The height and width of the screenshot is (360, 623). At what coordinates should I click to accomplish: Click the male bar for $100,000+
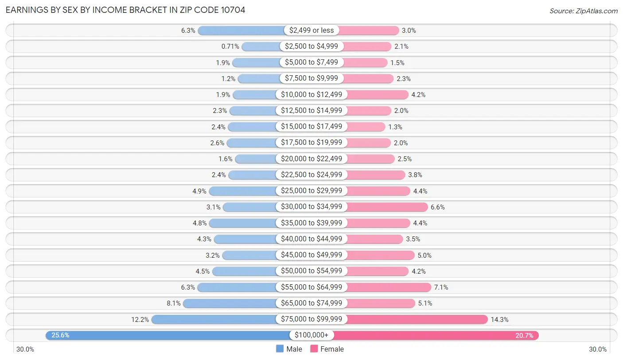[x=168, y=335]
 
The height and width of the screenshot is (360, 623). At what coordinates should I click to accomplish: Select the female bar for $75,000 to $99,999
[x=417, y=319]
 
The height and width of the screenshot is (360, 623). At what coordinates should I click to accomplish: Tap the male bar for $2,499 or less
[x=241, y=30]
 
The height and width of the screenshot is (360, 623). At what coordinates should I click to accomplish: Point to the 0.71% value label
[x=230, y=46]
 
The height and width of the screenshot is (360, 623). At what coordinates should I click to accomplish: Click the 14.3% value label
[x=499, y=319]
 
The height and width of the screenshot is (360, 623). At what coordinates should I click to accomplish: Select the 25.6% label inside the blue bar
[x=60, y=335]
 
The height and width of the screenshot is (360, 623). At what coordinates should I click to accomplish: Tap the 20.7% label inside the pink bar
[x=524, y=335]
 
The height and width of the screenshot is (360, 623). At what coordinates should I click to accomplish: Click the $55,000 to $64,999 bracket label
[x=311, y=287]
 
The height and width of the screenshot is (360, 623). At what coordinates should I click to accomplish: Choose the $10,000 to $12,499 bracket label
[x=311, y=94]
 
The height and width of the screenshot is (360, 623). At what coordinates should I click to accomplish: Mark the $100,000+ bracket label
[x=311, y=335]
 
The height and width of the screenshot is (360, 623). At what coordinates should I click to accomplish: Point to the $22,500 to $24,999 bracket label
[x=311, y=175]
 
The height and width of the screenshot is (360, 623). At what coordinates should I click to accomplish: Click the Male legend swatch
[x=280, y=349]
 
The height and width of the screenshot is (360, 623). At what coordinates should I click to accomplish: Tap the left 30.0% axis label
[x=25, y=349]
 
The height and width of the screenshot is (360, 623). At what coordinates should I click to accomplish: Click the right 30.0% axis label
[x=597, y=349]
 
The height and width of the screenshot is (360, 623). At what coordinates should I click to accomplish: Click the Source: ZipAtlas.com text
[x=583, y=11]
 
